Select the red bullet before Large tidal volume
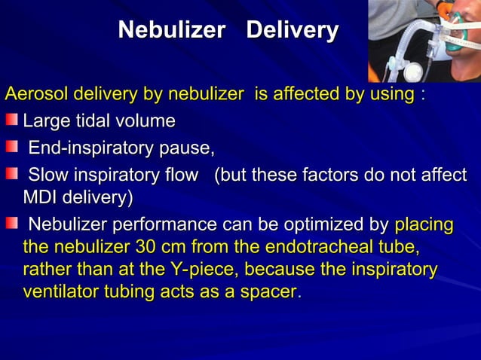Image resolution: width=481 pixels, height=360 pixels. click(x=13, y=121)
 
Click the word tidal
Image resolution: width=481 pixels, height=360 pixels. click(x=103, y=121)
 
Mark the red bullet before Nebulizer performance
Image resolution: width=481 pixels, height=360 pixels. click(x=13, y=224)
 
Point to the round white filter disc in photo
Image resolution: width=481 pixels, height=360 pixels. click(x=413, y=72)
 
